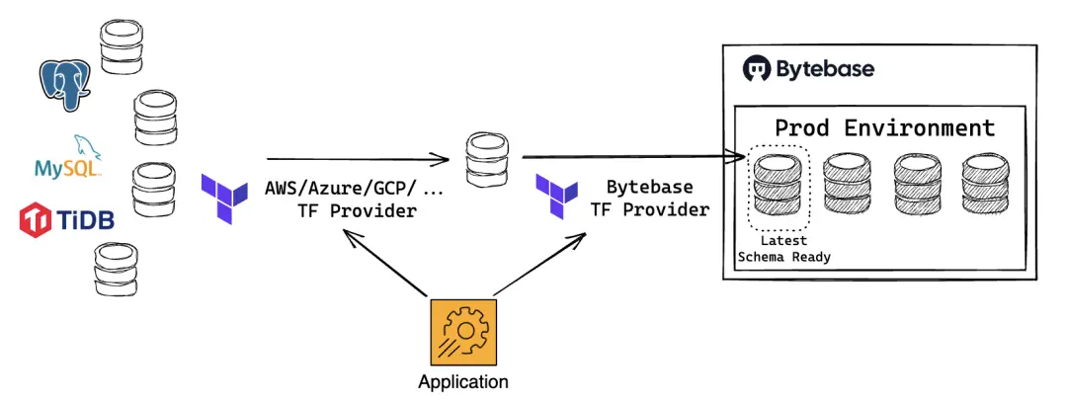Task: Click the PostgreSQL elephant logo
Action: [65, 84]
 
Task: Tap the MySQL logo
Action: [68, 162]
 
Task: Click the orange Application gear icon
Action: [463, 332]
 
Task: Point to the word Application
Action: [463, 382]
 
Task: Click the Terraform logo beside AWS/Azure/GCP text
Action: [224, 197]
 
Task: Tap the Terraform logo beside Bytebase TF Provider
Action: [557, 197]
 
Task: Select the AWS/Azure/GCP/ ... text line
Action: [356, 187]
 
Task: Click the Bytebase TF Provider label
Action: [649, 198]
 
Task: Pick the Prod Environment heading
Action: [883, 128]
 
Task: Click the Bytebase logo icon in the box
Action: [757, 70]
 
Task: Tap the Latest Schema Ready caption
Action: [784, 249]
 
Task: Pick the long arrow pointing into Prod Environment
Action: [632, 156]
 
